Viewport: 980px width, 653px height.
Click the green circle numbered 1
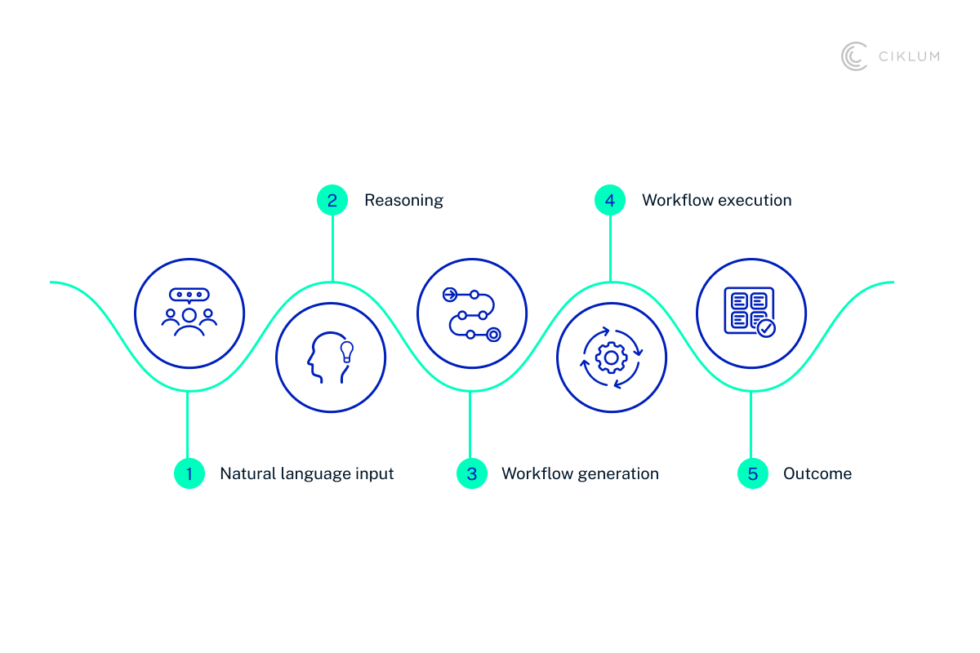coord(189,473)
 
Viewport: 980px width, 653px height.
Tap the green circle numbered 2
coord(332,200)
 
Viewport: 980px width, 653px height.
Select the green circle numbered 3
coord(471,473)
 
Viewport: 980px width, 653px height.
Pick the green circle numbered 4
coord(610,200)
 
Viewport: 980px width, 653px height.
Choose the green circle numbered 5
coord(752,473)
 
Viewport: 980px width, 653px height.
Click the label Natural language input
coord(307,473)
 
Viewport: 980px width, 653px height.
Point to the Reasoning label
coord(403,200)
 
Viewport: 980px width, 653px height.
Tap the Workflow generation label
coord(580,473)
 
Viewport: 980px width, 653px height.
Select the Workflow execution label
coord(716,200)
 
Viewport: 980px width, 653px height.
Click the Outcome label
coord(817,473)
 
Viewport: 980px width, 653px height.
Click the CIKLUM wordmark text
coord(908,56)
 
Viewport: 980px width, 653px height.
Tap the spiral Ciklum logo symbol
coord(854,56)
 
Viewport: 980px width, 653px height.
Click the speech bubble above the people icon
coord(189,295)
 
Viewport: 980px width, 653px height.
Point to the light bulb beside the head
coord(346,351)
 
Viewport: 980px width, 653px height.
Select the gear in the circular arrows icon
coord(611,358)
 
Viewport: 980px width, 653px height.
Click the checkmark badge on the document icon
coord(766,328)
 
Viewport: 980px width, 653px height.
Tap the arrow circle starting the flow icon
coord(449,294)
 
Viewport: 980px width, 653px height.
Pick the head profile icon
coord(323,358)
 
